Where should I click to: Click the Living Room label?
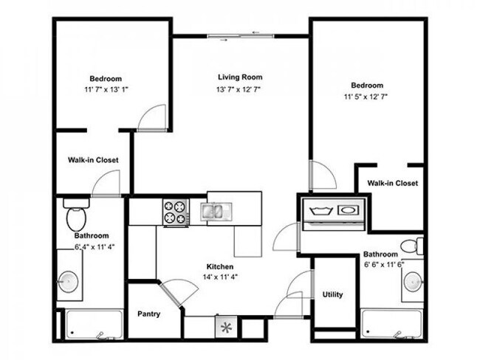[240, 77]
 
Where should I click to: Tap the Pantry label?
[149, 314]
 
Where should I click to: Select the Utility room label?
[332, 295]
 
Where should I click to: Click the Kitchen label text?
[221, 266]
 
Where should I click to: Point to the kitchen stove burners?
[176, 212]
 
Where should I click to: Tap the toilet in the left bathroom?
[75, 216]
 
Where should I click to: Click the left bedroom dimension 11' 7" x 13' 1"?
[106, 91]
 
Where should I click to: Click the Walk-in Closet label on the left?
[94, 159]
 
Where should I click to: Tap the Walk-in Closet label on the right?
[392, 183]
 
